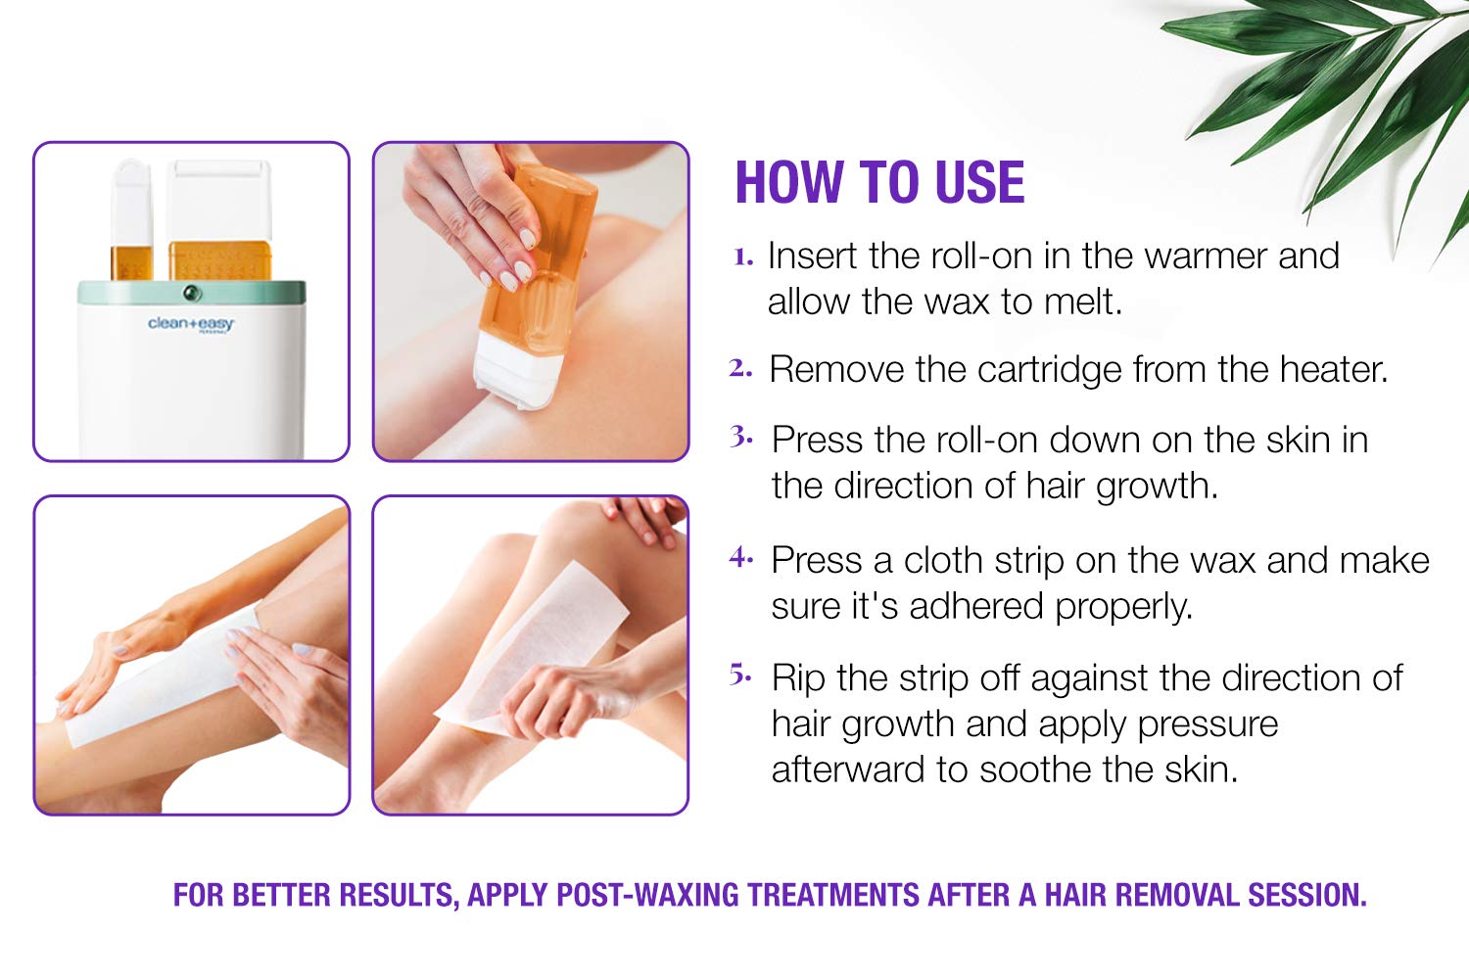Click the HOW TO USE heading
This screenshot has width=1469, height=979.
(x=879, y=182)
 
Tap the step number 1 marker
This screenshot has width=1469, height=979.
(x=743, y=256)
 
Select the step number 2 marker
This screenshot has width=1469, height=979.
(x=740, y=368)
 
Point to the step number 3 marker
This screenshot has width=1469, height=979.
(x=741, y=438)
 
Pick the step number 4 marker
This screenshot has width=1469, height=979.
(x=741, y=558)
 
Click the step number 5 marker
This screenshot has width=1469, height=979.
(x=741, y=675)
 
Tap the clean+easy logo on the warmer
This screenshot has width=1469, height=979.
(x=191, y=324)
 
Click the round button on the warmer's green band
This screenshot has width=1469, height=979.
(x=192, y=293)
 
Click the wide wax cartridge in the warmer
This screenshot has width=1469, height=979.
(x=219, y=219)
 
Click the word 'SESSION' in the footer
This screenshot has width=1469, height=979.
(x=1307, y=896)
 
